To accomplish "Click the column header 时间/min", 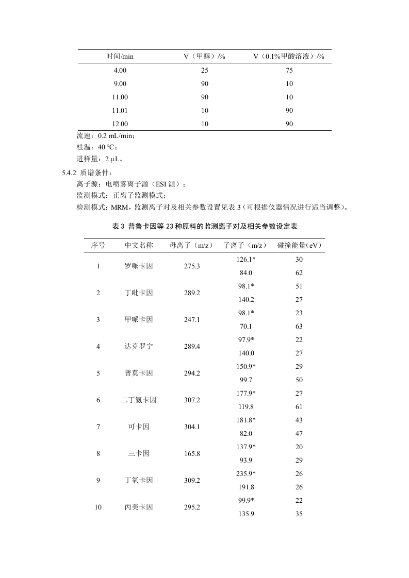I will coord(120,56).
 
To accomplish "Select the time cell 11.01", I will coord(120,110).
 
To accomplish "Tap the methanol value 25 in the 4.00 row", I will coord(205,70).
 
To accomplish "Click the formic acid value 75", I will coord(289,70).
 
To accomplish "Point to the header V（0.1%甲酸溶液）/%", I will coord(289,56).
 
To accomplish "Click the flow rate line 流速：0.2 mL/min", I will coord(106,137).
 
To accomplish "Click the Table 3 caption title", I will coord(205,226).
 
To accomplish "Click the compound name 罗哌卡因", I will coord(139,266).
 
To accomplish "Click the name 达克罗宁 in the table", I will coord(139,347).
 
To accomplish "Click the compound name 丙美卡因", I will coord(139,507).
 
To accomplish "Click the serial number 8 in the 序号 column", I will coord(98,454).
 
